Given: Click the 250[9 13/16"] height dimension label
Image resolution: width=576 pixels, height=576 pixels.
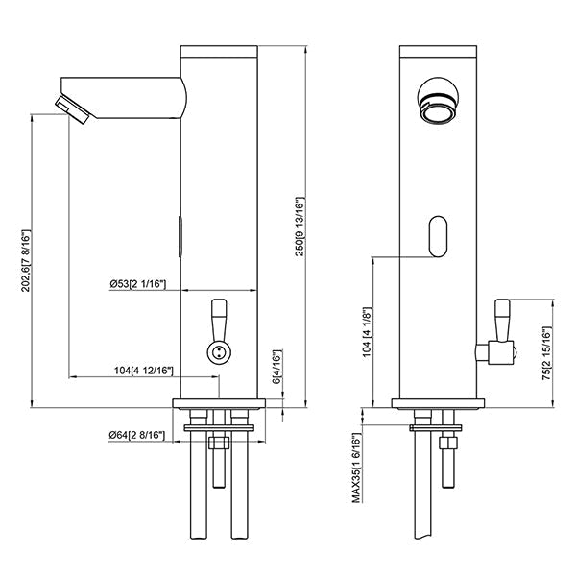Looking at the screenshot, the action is [300, 227].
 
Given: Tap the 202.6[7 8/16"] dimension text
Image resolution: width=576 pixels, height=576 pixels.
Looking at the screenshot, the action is [26, 261].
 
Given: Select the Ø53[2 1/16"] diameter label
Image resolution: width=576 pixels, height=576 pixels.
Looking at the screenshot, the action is [138, 284].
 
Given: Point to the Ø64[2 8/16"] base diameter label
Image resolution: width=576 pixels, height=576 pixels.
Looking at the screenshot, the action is [136, 435].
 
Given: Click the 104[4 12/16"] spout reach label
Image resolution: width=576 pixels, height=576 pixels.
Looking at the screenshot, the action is [143, 371].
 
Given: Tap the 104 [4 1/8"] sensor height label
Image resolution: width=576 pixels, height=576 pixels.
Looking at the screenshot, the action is [368, 332].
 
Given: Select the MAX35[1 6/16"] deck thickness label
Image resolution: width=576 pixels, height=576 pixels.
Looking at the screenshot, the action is [357, 468].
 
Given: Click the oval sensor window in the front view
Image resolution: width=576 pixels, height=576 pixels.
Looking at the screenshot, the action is [439, 236].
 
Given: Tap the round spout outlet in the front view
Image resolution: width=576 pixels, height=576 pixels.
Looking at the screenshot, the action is [439, 100].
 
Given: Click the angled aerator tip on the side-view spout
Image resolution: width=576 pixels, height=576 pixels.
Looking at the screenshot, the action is [72, 109].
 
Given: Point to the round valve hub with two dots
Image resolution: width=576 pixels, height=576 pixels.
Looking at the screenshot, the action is [219, 352].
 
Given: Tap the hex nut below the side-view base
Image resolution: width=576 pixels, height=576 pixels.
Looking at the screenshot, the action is [219, 443].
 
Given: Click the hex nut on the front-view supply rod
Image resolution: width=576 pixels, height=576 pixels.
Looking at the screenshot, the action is [449, 443].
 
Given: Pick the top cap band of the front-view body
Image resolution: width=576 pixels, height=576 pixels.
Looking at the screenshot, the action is [439, 51].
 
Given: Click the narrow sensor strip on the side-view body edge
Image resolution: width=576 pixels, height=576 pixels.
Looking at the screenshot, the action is [180, 236].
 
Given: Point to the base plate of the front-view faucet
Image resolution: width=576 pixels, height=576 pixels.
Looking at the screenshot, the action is [438, 404].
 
